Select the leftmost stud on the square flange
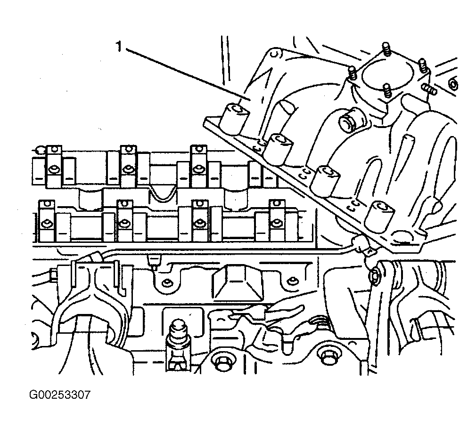(x=351, y=72)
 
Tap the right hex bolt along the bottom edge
(x=327, y=360)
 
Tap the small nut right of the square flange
(x=453, y=84)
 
